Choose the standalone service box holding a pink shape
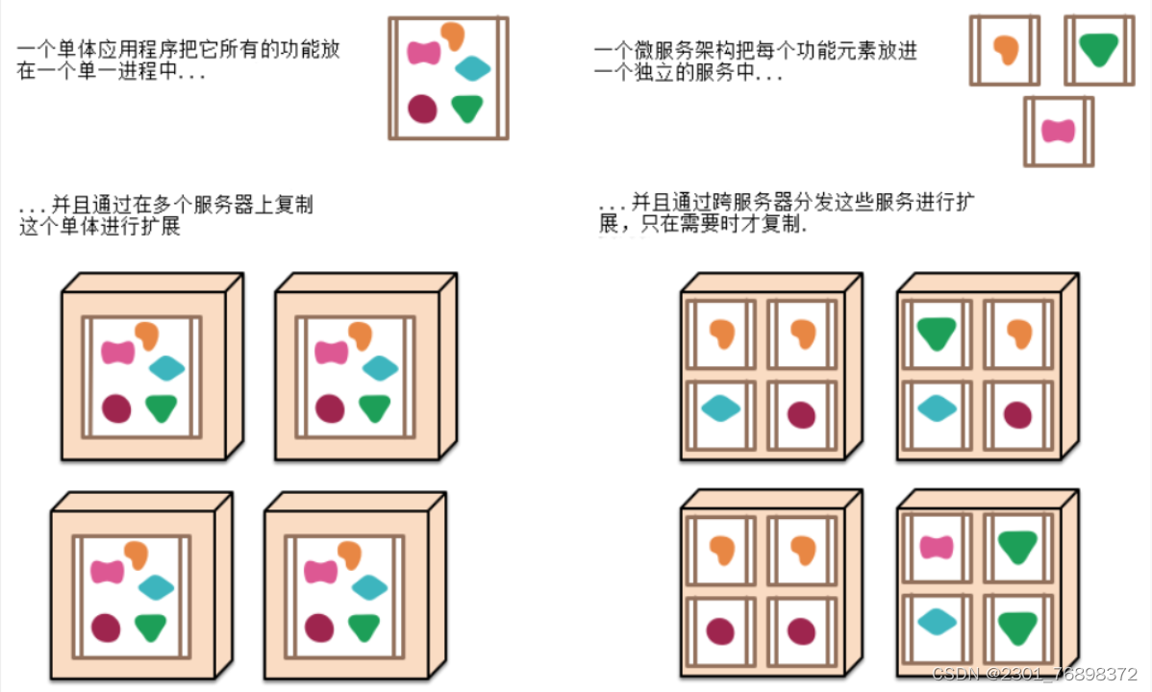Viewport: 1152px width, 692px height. pyautogui.click(x=1058, y=131)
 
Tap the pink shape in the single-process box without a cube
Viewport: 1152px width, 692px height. pyautogui.click(x=424, y=52)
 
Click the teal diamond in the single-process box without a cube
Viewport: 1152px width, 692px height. pyautogui.click(x=473, y=68)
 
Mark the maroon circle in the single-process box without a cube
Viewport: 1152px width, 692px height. pyautogui.click(x=422, y=108)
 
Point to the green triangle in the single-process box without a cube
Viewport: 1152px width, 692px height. pyautogui.click(x=468, y=109)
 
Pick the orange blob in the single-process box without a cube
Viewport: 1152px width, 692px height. pyautogui.click(x=453, y=35)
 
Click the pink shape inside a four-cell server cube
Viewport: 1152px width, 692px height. pyautogui.click(x=936, y=547)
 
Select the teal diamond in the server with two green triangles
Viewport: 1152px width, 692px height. pyautogui.click(x=935, y=622)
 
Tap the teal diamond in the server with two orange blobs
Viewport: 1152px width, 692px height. pyautogui.click(x=720, y=408)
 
